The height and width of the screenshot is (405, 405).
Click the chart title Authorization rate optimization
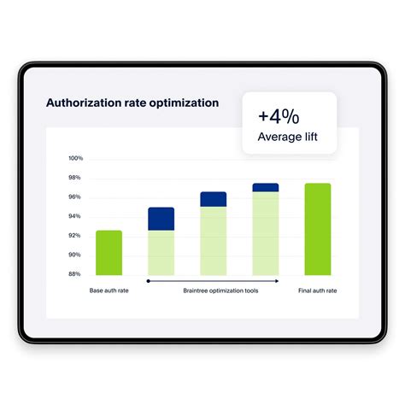[132, 103]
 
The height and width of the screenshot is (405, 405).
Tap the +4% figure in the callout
[278, 115]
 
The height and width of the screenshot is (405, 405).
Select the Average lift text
[289, 136]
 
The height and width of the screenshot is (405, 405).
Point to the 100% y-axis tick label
[75, 159]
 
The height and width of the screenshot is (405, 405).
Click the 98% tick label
[75, 178]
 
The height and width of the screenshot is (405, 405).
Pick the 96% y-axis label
[75, 197]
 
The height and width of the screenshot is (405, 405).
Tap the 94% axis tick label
[75, 216]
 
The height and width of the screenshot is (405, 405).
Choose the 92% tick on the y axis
[75, 236]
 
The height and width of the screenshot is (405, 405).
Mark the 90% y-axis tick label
[75, 255]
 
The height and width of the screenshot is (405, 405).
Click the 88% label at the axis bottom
[75, 274]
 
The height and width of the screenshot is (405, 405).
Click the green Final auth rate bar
[318, 229]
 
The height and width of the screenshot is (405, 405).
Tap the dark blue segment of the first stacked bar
[161, 219]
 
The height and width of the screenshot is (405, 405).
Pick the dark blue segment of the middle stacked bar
[214, 199]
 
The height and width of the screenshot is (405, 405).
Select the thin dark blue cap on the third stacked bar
[266, 187]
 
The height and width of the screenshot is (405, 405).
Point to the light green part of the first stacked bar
[161, 252]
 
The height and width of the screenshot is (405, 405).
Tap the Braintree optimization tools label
[220, 291]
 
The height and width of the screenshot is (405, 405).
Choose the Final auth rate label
[318, 291]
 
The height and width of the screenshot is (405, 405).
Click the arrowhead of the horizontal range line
[276, 280]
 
